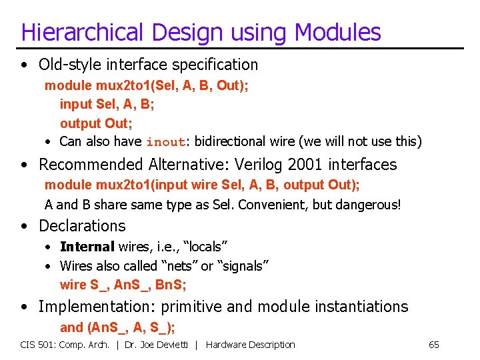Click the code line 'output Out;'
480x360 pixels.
pos(96,123)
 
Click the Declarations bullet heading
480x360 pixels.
pos(82,226)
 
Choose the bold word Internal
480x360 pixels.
pos(87,247)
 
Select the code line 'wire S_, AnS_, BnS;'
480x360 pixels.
pos(123,285)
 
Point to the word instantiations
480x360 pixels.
pos(353,307)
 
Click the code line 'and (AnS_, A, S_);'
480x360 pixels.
pos(117,327)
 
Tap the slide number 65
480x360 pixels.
pos(433,345)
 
